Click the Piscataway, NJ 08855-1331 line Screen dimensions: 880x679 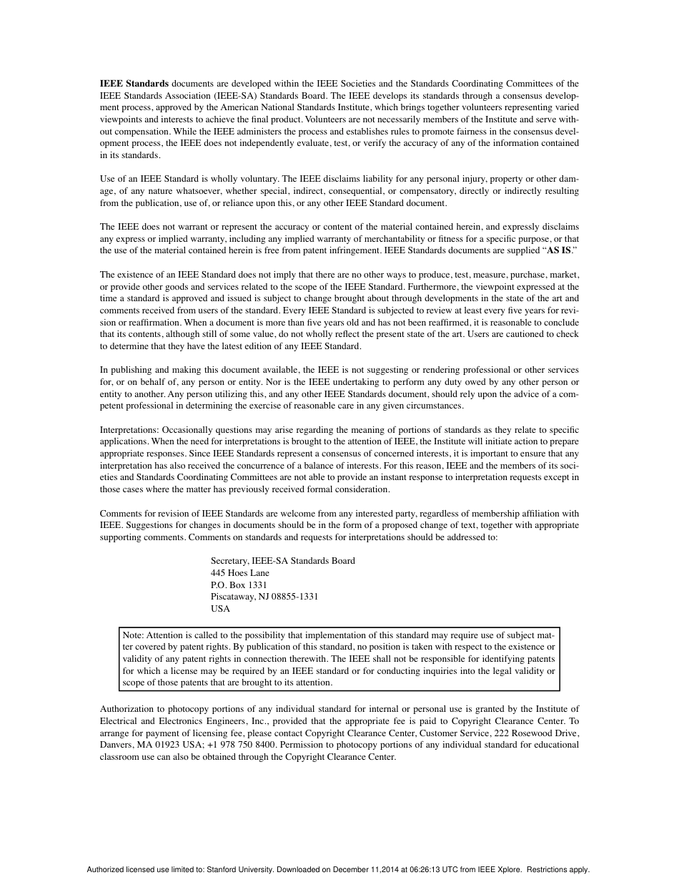pyautogui.click(x=264, y=597)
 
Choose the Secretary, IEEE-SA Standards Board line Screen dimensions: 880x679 pyautogui.click(x=283, y=561)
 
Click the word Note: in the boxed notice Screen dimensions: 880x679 pyautogui.click(x=134, y=635)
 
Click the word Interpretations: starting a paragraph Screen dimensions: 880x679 pyautogui.click(x=130, y=430)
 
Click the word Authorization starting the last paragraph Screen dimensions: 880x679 pyautogui.click(x=126, y=710)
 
